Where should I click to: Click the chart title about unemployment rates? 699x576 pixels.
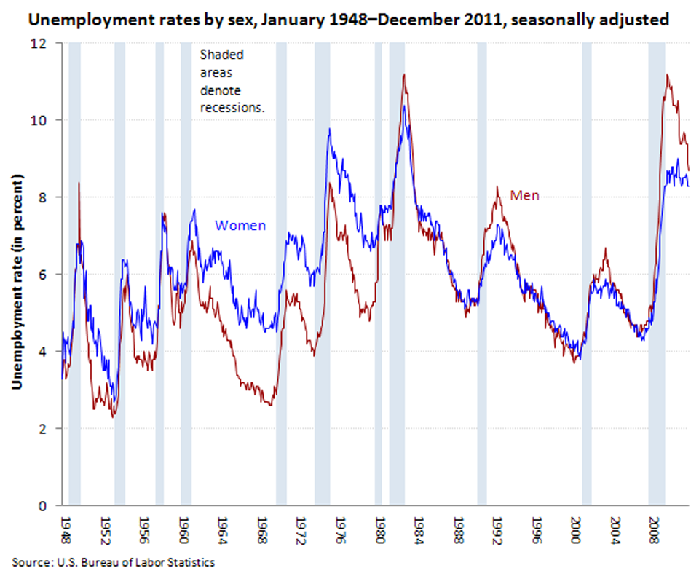(x=347, y=20)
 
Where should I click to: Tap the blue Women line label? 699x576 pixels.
(x=240, y=226)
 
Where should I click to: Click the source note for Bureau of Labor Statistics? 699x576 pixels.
(x=114, y=562)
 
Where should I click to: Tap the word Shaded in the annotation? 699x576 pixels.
(x=221, y=55)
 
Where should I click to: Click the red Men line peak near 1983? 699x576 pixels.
(x=404, y=75)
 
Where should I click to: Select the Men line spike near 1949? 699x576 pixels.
(x=79, y=184)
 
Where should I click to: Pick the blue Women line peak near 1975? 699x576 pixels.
(x=330, y=130)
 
